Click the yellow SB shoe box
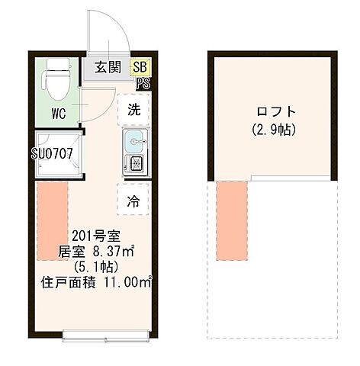[140, 67]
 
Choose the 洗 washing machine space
[133, 109]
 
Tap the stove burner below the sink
[134, 163]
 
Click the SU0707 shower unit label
[52, 153]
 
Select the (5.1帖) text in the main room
[94, 267]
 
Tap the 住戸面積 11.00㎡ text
[96, 283]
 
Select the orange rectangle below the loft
[232, 218]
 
